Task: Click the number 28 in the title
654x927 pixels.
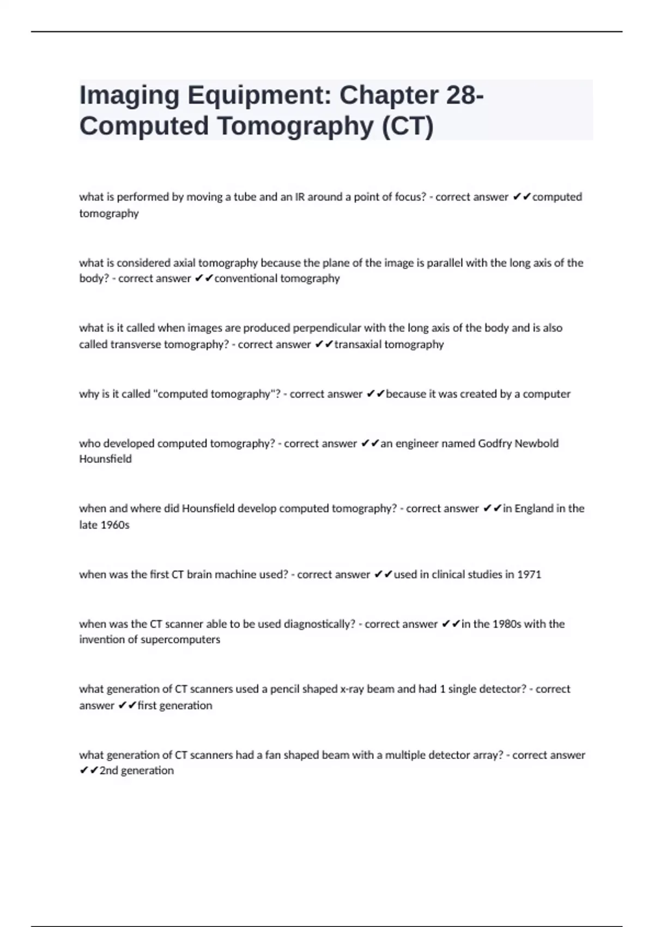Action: tap(461, 95)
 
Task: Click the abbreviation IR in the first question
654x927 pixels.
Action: tap(300, 197)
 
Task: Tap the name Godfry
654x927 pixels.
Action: tap(494, 443)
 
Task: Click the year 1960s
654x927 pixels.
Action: tap(115, 525)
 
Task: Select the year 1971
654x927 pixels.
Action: tap(529, 575)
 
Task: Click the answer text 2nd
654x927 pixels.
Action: tap(108, 771)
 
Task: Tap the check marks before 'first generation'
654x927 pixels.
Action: tap(127, 706)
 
